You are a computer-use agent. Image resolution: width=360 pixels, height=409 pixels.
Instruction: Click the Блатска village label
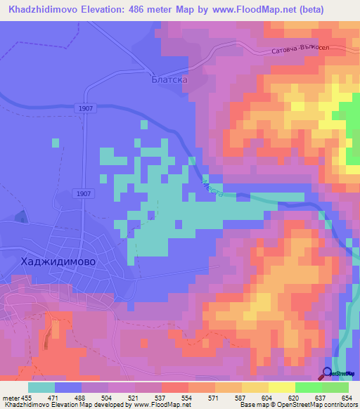coord(169,81)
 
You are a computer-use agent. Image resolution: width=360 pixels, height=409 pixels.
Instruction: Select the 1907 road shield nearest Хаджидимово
coord(82,193)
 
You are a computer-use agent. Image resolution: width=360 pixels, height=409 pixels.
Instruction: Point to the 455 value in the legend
coord(27,397)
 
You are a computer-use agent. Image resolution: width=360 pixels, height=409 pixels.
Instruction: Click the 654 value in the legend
coord(348,397)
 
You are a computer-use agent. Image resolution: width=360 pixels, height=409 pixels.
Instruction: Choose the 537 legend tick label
coord(161,397)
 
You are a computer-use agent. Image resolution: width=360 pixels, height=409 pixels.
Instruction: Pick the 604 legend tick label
coord(268,397)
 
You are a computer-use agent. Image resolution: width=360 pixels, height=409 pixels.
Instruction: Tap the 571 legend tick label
coord(214,397)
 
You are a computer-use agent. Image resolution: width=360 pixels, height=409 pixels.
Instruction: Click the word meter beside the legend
coord(9,397)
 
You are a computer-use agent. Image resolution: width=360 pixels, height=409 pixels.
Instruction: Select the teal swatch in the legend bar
coord(41,387)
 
